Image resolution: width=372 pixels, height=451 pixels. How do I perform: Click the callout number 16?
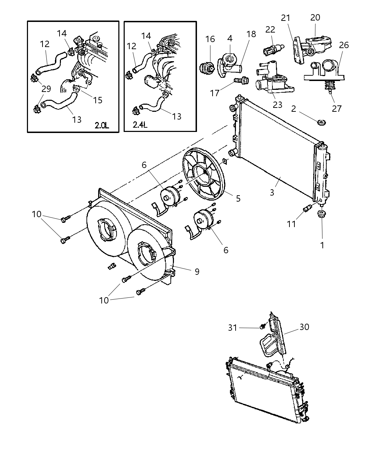(210, 39)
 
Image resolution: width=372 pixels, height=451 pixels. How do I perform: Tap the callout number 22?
(270, 30)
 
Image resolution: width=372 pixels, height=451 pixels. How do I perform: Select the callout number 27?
(337, 108)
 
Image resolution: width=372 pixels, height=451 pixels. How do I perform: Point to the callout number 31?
(232, 328)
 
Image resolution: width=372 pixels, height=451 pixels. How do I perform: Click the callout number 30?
(304, 327)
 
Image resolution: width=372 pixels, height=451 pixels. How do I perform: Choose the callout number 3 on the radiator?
(272, 192)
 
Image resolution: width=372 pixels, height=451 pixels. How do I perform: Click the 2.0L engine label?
(102, 125)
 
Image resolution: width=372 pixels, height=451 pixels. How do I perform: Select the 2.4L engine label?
(140, 125)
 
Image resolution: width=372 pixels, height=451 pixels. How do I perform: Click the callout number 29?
(46, 89)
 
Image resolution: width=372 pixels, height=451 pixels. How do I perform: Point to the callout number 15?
(97, 100)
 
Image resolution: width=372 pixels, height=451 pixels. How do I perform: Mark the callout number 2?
(294, 109)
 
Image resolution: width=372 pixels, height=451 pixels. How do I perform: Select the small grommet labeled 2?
(322, 122)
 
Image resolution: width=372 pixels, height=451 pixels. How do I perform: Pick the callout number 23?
(277, 104)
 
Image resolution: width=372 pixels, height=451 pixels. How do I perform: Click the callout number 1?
(322, 245)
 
